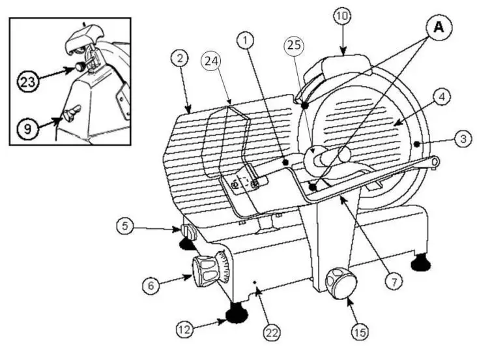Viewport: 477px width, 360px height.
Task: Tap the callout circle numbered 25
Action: tap(294, 46)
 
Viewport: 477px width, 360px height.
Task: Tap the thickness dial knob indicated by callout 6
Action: tap(206, 271)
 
